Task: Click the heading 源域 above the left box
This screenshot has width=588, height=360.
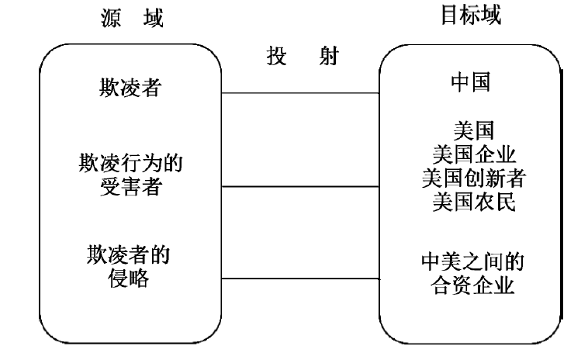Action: (x=132, y=17)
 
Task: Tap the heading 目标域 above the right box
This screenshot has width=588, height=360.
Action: (x=470, y=16)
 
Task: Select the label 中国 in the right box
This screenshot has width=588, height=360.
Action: (x=470, y=83)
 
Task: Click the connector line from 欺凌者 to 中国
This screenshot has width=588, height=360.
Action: (x=300, y=94)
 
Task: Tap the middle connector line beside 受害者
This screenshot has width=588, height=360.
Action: (x=300, y=186)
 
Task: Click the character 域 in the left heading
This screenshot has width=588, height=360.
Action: (x=155, y=17)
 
